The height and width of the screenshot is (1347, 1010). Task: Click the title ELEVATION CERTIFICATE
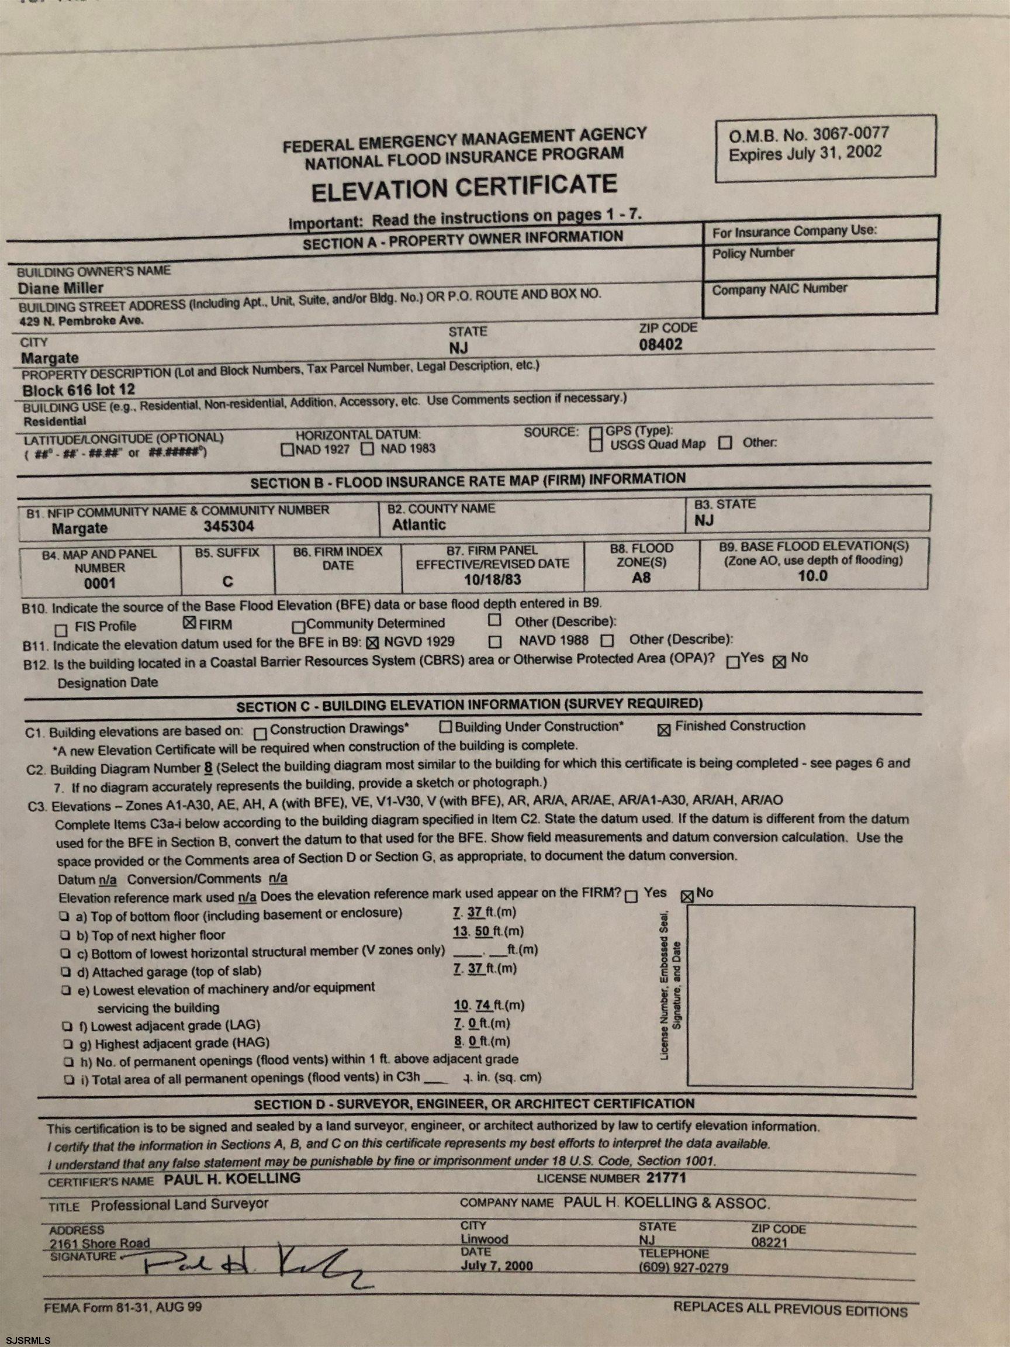464,188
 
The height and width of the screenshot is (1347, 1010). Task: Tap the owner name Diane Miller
60,288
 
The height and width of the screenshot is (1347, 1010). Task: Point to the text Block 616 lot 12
78,390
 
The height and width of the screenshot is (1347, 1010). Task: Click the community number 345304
229,526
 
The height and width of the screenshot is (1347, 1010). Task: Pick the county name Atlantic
418,524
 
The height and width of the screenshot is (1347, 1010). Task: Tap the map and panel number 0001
100,583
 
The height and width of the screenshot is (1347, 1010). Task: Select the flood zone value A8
641,576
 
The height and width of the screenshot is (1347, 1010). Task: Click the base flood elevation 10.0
812,575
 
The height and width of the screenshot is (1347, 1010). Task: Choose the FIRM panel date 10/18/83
492,579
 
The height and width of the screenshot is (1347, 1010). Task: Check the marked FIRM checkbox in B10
189,623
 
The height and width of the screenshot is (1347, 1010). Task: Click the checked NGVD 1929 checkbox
372,642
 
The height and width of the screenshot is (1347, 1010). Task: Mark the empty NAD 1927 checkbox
287,451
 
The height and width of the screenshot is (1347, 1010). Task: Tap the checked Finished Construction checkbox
664,730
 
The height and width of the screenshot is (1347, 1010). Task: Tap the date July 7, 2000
496,1265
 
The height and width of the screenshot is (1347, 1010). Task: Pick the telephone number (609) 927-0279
683,1268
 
